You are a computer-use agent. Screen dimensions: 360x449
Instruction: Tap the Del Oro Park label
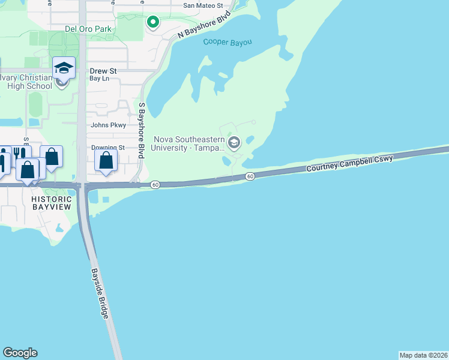pyautogui.click(x=88, y=28)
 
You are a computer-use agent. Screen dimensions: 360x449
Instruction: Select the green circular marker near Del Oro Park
pyautogui.click(x=153, y=23)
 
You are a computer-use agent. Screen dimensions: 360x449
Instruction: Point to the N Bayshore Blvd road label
pyautogui.click(x=205, y=25)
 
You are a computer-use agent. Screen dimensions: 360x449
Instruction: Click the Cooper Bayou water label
pyautogui.click(x=227, y=42)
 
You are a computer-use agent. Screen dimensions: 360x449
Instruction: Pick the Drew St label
pyautogui.click(x=103, y=71)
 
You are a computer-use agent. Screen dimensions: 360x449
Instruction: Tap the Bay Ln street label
pyautogui.click(x=99, y=79)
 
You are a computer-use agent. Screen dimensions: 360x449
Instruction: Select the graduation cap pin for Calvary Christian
pyautogui.click(x=63, y=68)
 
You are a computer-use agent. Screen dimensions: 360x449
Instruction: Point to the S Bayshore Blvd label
pyautogui.click(x=142, y=130)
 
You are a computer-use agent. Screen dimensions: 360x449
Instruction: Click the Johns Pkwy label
pyautogui.click(x=108, y=125)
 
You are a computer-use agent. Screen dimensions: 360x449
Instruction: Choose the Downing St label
pyautogui.click(x=107, y=148)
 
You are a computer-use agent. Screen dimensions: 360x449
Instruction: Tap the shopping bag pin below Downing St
pyautogui.click(x=106, y=160)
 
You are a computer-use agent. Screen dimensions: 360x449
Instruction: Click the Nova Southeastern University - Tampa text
pyautogui.click(x=188, y=143)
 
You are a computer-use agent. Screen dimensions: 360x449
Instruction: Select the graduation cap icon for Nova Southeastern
pyautogui.click(x=234, y=143)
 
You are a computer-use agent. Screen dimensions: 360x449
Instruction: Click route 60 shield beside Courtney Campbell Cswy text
pyautogui.click(x=250, y=176)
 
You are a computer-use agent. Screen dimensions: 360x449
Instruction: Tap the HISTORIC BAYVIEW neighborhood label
pyautogui.click(x=52, y=203)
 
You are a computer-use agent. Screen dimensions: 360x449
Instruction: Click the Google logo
pyautogui.click(x=20, y=353)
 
